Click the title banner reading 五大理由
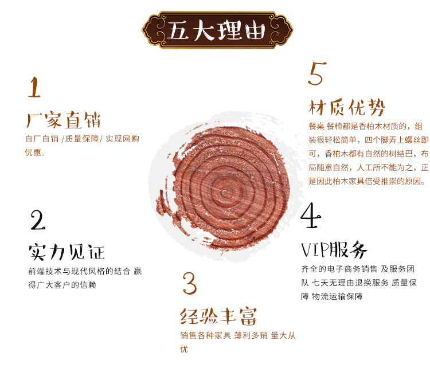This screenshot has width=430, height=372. [217, 30]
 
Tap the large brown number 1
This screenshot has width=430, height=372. [34, 87]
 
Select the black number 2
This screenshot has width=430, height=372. [38, 220]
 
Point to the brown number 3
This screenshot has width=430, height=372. [190, 283]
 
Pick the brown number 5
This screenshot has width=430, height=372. [317, 73]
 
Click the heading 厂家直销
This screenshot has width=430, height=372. [63, 120]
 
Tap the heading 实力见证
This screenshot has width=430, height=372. [67, 252]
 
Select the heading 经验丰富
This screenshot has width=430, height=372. [218, 316]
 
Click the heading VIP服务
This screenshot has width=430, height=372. [334, 249]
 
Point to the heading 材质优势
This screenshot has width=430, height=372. [347, 107]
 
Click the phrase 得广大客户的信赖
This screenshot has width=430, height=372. [62, 285]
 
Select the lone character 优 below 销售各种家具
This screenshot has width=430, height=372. [184, 348]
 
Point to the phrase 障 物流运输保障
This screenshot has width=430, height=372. [332, 296]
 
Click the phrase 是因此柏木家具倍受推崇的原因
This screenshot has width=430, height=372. [367, 181]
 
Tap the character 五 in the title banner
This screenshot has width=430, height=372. [177, 30]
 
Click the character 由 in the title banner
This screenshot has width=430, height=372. [255, 30]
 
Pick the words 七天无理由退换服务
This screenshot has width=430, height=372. [350, 283]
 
